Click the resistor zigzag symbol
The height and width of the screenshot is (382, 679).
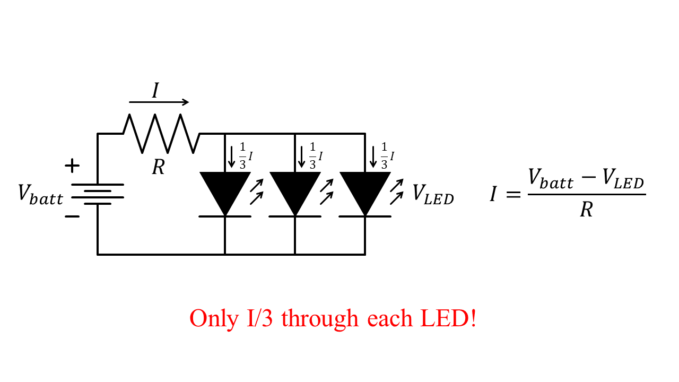pos(161,134)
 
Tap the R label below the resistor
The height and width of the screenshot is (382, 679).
pos(158,168)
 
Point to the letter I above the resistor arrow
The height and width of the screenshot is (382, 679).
pos(155,90)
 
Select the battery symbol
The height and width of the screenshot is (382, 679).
pos(98,194)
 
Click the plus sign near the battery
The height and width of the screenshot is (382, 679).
pos(72,166)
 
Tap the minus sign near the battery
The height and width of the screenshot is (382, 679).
pos(72,216)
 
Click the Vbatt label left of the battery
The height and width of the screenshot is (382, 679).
pos(40,194)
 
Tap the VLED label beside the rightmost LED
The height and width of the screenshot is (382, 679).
pos(433,194)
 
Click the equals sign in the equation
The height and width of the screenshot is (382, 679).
pos(513,195)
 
